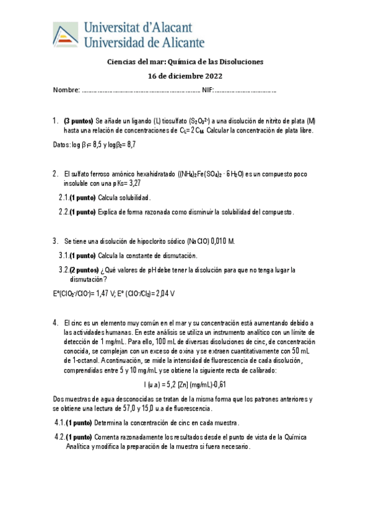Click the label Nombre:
[x=66, y=91]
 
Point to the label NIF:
[x=207, y=91]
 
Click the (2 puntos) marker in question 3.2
[x=84, y=270]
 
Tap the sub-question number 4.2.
[x=60, y=437]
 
